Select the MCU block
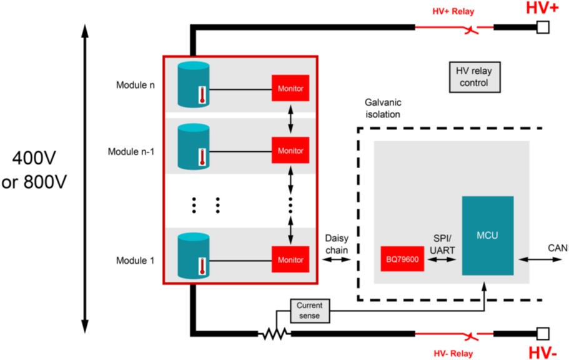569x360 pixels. [x=488, y=236]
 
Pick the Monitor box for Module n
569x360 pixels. [x=290, y=88]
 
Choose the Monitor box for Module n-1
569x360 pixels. [x=290, y=151]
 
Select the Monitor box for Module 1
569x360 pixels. [x=290, y=259]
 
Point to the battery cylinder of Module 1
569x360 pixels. [x=194, y=255]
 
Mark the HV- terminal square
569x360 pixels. [x=542, y=333]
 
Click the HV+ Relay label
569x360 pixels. [x=453, y=11]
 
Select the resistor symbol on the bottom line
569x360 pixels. [x=274, y=334]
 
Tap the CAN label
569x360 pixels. [x=558, y=248]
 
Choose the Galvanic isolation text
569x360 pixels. [x=382, y=107]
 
